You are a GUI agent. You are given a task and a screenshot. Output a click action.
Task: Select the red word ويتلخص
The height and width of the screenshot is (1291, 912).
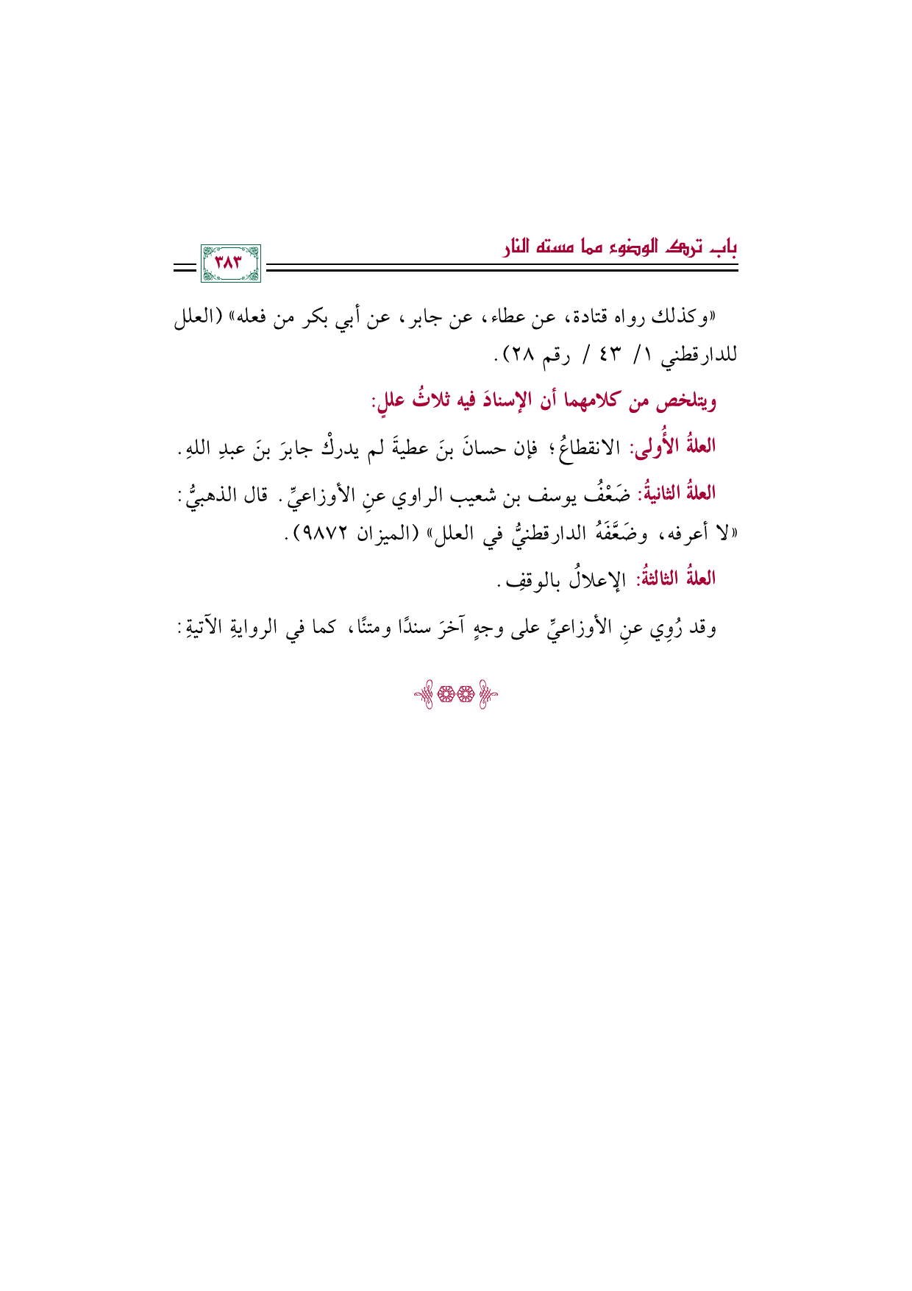pos(689,402)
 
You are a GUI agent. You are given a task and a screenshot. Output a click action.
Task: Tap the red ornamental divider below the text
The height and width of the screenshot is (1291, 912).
pos(456,695)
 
